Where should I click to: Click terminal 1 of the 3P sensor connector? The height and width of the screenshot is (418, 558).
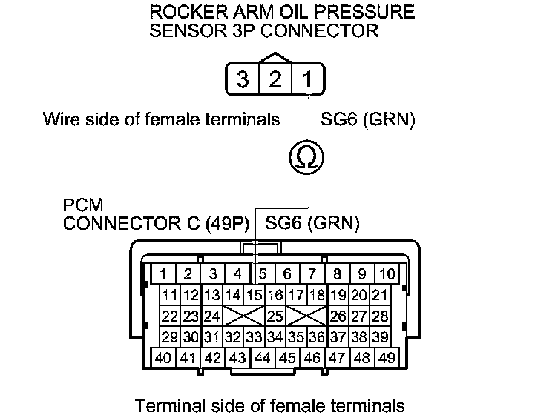[307, 79]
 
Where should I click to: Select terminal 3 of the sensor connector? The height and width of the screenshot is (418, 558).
[243, 79]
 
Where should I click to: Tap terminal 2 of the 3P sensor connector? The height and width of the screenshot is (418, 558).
[275, 79]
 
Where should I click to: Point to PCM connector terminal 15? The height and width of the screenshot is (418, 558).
[256, 296]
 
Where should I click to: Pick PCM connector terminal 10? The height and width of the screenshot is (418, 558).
[387, 273]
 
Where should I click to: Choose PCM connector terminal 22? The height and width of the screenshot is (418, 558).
[170, 316]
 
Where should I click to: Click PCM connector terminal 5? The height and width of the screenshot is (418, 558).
[263, 273]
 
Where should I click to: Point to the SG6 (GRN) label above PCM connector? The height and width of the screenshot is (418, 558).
[312, 222]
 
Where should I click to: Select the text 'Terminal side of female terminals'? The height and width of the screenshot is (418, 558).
[270, 405]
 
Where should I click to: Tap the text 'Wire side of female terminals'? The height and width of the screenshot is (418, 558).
[162, 118]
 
